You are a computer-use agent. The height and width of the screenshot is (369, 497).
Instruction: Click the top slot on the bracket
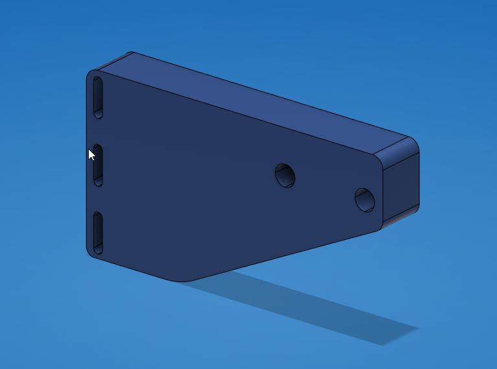98,97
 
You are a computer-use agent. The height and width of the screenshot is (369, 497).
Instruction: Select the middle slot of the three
98,165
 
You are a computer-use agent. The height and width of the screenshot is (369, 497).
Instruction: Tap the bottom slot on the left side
98,232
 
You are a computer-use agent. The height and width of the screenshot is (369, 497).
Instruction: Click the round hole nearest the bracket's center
285,175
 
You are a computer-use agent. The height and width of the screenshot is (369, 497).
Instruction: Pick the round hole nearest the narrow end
364,199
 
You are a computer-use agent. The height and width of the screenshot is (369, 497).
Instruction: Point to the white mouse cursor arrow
91,154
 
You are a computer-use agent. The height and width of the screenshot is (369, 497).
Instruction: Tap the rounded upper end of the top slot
97,80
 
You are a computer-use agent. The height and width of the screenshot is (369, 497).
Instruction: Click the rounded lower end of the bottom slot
98,248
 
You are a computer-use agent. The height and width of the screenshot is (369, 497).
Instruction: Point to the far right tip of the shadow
415,329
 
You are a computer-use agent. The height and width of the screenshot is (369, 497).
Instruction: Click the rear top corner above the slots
132,54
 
